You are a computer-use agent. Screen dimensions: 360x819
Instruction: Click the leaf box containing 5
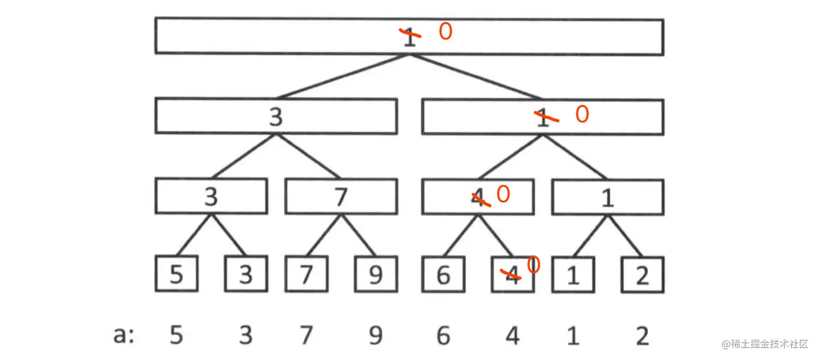[177, 274]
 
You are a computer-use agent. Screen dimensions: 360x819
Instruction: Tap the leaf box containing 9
[376, 274]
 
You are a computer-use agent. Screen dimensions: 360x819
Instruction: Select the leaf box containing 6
[443, 274]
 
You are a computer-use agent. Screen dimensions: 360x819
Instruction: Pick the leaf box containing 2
[642, 274]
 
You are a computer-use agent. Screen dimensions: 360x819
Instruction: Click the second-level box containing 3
[276, 116]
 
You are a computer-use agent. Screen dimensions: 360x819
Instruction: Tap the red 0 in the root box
[445, 32]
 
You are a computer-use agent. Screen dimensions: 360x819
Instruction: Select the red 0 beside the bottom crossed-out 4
[534, 265]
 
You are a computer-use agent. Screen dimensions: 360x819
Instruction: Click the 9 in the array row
[376, 336]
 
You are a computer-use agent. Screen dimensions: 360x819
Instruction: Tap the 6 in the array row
[443, 336]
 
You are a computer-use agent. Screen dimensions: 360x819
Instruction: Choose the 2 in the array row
[642, 336]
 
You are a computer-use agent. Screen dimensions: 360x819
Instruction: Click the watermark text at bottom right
[764, 344]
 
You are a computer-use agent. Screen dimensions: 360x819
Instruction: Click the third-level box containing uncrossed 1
[608, 197]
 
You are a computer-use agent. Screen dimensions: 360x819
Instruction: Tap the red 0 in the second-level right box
[582, 115]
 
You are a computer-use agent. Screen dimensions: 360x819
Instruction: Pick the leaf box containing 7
[307, 274]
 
